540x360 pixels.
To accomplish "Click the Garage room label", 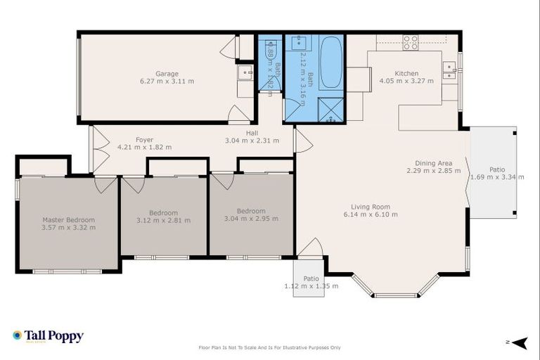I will click(167, 74).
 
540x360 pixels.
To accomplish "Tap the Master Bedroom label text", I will click(68, 220).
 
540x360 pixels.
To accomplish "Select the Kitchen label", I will click(406, 74).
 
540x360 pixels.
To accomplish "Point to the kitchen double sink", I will click(448, 67).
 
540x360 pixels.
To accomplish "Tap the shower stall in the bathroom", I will click(330, 110).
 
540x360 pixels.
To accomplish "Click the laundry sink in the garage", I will click(245, 72).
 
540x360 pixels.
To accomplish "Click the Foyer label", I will click(144, 140).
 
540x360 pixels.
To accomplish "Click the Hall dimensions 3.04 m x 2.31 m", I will click(252, 141).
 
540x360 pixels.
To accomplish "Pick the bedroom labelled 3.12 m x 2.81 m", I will click(163, 217).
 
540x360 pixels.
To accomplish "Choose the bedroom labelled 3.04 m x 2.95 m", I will click(251, 214).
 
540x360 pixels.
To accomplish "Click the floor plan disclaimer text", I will click(270, 347).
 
